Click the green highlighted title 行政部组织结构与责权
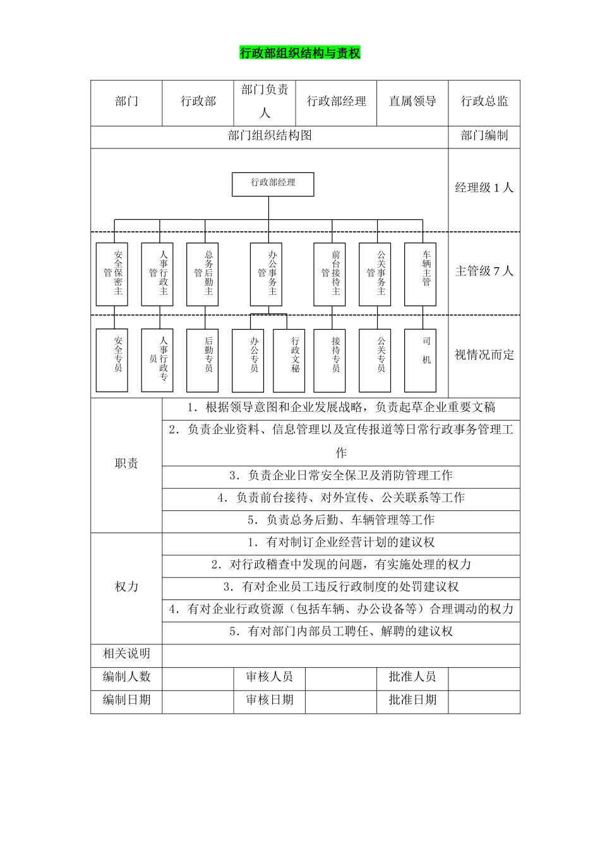click(x=300, y=53)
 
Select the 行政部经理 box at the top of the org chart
click(x=273, y=184)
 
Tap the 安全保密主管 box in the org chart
click(x=112, y=274)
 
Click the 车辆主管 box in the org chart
click(x=420, y=274)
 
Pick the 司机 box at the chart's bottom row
click(x=420, y=360)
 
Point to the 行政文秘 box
click(x=289, y=360)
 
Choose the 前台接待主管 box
click(x=330, y=274)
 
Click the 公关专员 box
click(x=375, y=360)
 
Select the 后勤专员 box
click(x=202, y=360)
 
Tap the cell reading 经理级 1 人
click(x=484, y=188)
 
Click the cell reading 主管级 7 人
click(x=484, y=272)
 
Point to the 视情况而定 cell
click(x=484, y=355)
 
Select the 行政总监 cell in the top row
click(x=484, y=102)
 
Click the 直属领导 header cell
click(x=412, y=102)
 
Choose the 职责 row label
click(x=126, y=464)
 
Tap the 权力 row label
click(x=126, y=587)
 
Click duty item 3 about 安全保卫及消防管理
click(x=341, y=476)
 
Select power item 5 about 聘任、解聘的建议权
click(x=341, y=632)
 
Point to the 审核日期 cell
click(x=270, y=700)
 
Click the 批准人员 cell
click(x=412, y=677)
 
